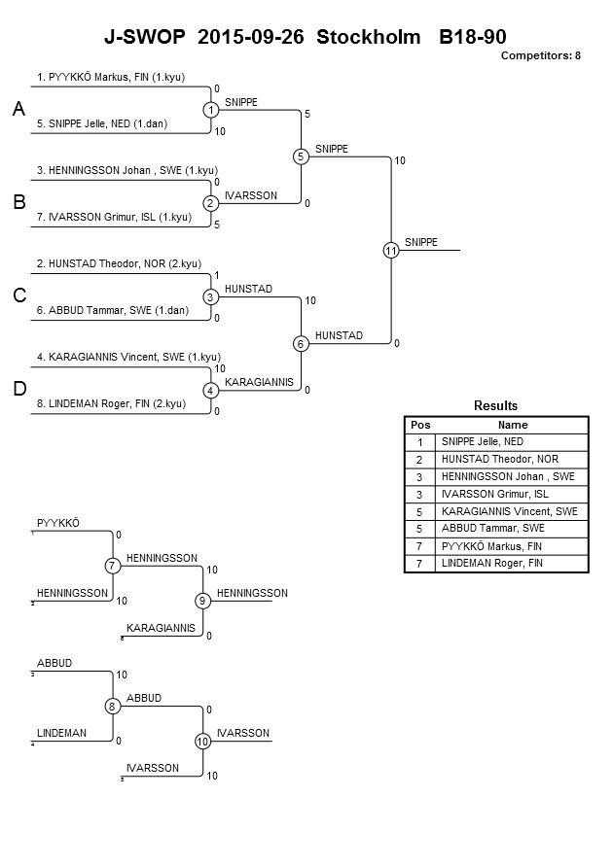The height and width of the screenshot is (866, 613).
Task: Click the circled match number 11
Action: [391, 251]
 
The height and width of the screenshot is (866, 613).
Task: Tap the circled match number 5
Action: [301, 156]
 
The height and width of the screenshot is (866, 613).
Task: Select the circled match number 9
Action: [202, 601]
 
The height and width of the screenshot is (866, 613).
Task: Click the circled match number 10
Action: [202, 742]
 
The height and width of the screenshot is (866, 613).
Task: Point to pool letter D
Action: [19, 389]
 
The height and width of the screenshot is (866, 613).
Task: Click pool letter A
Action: [18, 109]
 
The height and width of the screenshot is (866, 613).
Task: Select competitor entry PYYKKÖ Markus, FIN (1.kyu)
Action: [111, 78]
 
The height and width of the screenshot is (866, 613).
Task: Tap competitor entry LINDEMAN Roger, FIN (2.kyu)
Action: [111, 403]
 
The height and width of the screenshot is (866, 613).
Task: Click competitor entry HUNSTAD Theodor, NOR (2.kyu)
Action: [119, 264]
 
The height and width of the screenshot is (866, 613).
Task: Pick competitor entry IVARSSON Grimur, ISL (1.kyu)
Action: [114, 217]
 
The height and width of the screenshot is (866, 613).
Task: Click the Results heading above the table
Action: [496, 406]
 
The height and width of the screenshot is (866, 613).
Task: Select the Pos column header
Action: [420, 426]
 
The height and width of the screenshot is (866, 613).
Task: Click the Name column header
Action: [513, 426]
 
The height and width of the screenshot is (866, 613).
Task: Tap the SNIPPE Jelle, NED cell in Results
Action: [482, 442]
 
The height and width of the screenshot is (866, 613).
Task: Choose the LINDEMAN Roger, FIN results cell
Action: [492, 564]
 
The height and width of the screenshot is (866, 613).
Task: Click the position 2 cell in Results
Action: [419, 460]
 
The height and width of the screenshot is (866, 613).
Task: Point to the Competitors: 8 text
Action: [541, 55]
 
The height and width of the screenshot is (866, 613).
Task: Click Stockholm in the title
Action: [368, 37]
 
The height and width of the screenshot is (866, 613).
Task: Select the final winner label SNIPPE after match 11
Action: [420, 242]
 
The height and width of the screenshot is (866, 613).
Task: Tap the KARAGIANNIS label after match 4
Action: [259, 382]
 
